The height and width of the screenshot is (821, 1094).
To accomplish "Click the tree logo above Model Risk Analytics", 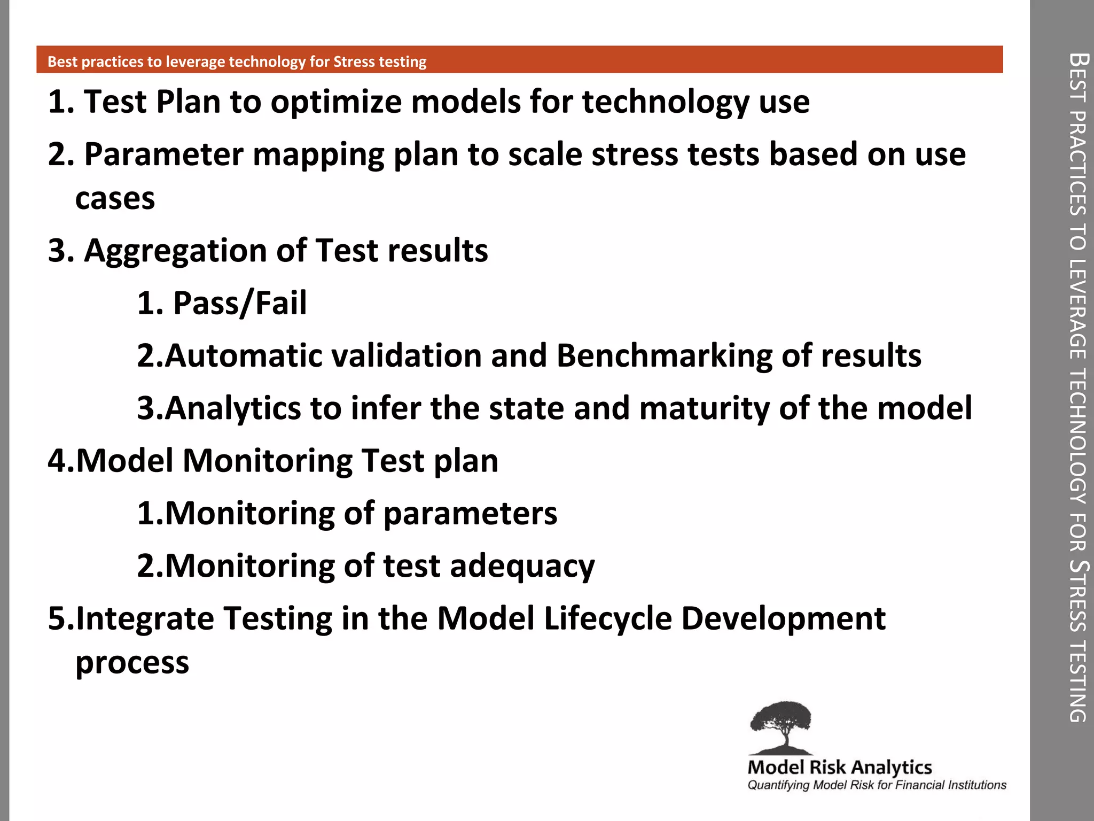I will pos(781,727).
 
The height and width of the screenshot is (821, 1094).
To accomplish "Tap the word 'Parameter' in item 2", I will pos(163,154).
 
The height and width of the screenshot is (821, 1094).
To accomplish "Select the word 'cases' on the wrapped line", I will pos(115,199).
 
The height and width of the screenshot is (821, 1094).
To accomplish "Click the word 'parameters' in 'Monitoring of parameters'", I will pos(470,514).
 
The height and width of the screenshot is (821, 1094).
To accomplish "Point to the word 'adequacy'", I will pos(522,566).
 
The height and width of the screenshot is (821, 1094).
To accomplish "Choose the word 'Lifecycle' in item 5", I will pos(607,618).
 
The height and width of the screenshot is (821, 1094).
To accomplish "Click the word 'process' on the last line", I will pos(132,663).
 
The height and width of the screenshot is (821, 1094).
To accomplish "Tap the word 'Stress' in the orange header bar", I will pos(354,61).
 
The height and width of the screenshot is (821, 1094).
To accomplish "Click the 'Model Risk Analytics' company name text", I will pos(839,768).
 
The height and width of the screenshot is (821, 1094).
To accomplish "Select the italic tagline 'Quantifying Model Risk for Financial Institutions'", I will pos(876,785).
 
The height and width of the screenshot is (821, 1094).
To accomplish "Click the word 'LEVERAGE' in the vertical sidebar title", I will pos(1077,310).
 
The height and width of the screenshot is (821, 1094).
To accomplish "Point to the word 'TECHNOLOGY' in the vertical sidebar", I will pos(1077,436).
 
